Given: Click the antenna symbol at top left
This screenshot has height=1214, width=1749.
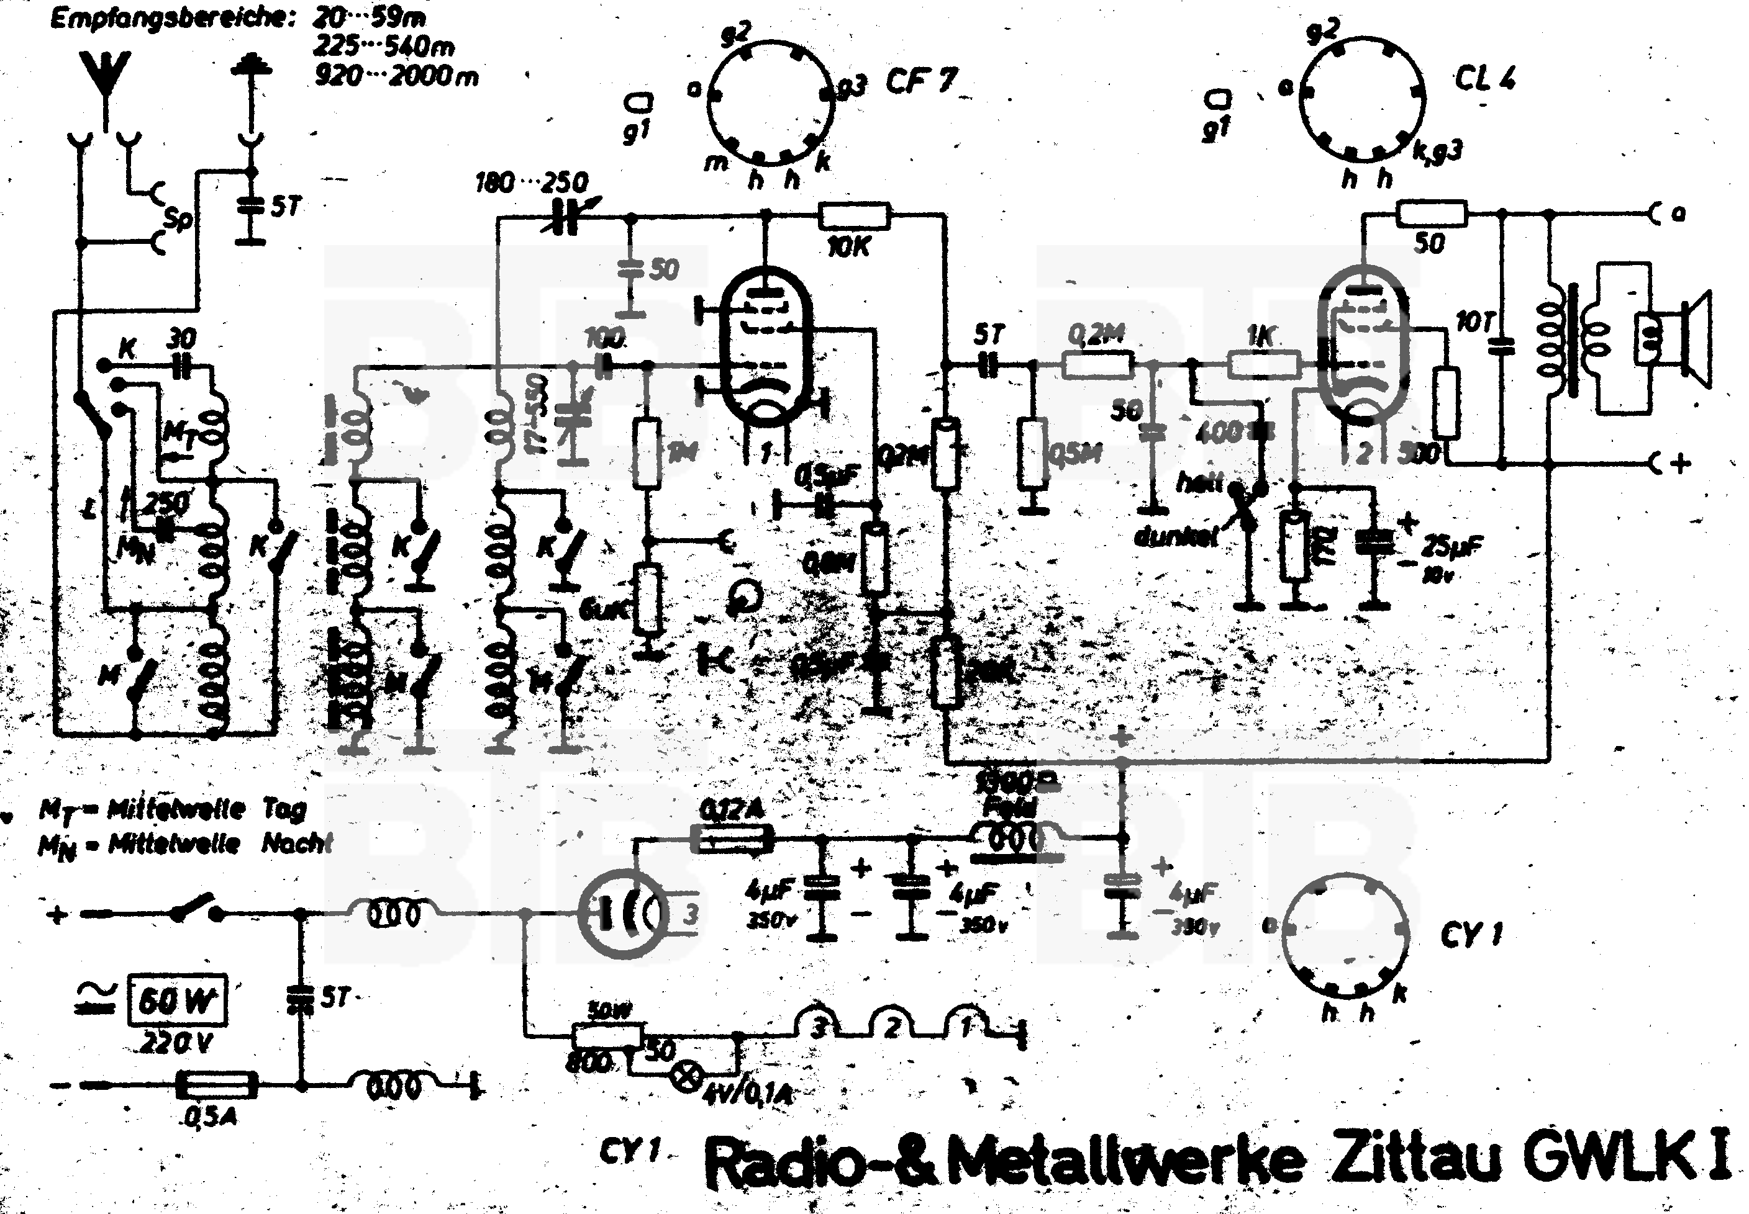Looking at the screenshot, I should pyautogui.click(x=105, y=76).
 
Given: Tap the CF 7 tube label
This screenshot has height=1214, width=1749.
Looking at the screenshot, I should pyautogui.click(x=919, y=81).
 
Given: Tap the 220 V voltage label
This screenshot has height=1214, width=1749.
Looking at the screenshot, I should pyautogui.click(x=176, y=1041).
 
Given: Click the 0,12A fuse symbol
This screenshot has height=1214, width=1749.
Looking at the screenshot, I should pyautogui.click(x=732, y=840).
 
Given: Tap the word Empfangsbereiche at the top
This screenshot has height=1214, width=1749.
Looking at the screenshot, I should pyautogui.click(x=172, y=18).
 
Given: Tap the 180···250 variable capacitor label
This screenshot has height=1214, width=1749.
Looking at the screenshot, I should pyautogui.click(x=531, y=182).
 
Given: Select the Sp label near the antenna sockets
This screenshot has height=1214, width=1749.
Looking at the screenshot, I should pyautogui.click(x=179, y=219).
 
